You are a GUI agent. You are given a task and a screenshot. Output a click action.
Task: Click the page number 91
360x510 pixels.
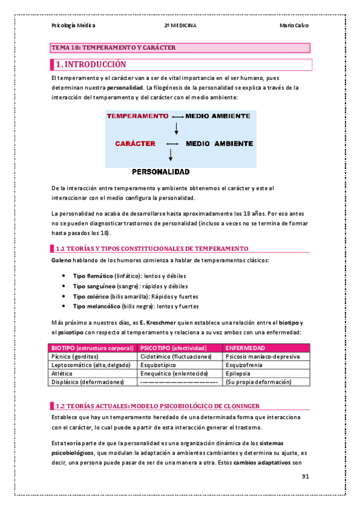(305, 477)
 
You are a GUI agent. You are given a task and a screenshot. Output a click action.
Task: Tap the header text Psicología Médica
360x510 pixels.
(73, 25)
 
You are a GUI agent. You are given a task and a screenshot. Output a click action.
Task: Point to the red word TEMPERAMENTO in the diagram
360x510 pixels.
(137, 115)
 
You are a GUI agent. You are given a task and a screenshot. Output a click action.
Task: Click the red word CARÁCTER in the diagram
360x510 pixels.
(135, 144)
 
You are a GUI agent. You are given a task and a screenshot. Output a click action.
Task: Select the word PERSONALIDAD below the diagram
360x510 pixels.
(160, 171)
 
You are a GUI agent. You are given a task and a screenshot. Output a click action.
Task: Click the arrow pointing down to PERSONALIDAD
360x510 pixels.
(171, 155)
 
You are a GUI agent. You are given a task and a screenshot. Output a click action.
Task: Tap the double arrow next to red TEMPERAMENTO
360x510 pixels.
(177, 115)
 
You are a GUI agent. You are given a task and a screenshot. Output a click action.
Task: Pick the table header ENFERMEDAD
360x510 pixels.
(245, 348)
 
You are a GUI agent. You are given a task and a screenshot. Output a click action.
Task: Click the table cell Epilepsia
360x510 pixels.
(239, 373)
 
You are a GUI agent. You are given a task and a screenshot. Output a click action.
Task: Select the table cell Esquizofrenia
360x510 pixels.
(244, 364)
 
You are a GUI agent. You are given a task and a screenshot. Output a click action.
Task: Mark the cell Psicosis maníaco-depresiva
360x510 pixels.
(261, 357)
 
